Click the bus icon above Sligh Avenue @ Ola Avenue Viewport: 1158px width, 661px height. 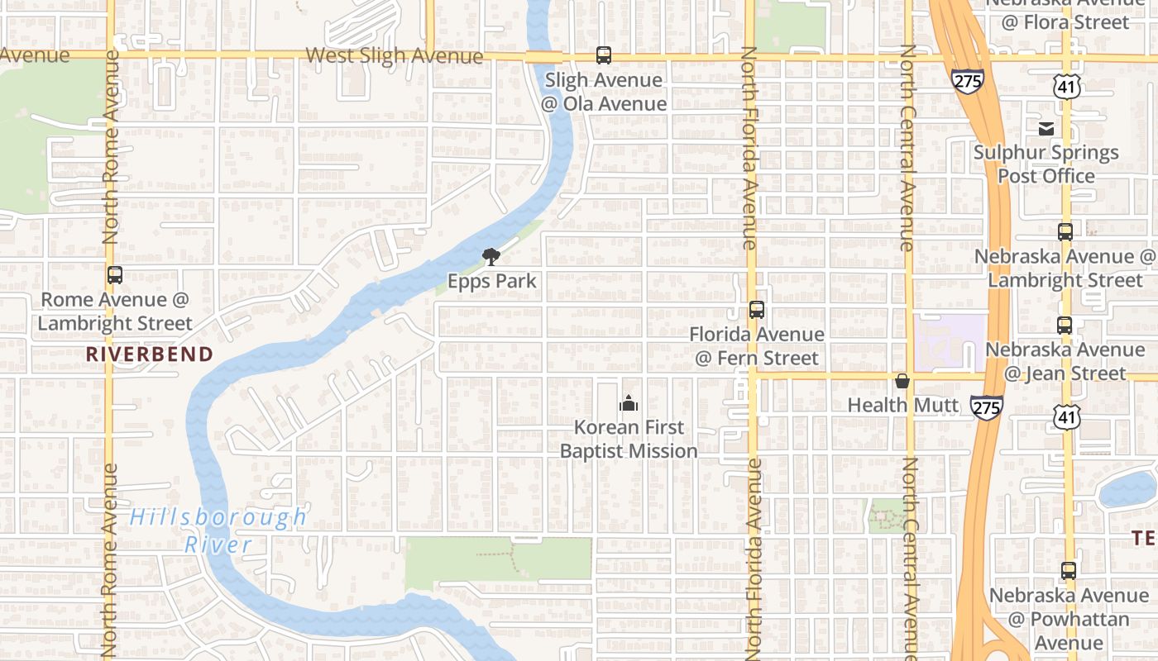pos(604,55)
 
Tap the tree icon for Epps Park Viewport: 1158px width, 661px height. pos(491,256)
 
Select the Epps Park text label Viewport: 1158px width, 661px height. pos(491,281)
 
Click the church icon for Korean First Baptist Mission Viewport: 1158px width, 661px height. pos(629,403)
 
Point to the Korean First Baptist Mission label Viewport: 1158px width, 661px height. pos(629,439)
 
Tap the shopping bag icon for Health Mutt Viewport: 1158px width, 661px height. pos(902,381)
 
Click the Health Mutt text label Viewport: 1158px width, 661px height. pos(903,406)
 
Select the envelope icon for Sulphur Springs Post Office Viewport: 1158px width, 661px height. pos(1046,128)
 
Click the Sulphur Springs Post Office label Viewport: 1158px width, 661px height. pos(1046,164)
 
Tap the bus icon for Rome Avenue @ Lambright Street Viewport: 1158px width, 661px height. pos(115,275)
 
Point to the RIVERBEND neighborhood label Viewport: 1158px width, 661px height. pos(150,354)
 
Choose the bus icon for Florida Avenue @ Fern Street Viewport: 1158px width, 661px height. pos(757,310)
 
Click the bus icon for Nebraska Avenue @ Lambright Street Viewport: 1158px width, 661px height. pos(1065,232)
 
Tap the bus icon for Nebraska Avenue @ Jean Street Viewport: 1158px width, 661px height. pos(1065,326)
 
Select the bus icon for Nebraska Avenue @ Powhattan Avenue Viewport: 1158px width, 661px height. pos(1069,570)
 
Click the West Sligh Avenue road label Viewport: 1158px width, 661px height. pos(394,55)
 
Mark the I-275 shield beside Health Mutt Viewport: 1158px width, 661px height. pos(986,407)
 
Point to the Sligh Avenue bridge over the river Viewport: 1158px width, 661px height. pos(543,56)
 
